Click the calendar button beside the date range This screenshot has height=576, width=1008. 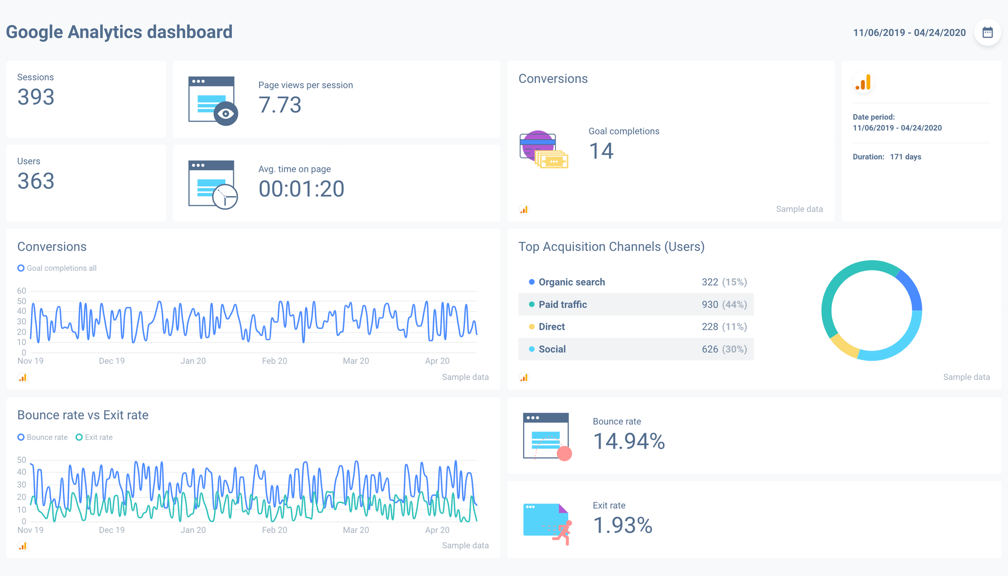(987, 32)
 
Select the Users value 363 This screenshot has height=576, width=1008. (36, 181)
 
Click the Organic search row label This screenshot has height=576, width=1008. (572, 282)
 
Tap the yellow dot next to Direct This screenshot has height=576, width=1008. (532, 327)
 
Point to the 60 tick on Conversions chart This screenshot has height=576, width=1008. (21, 291)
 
